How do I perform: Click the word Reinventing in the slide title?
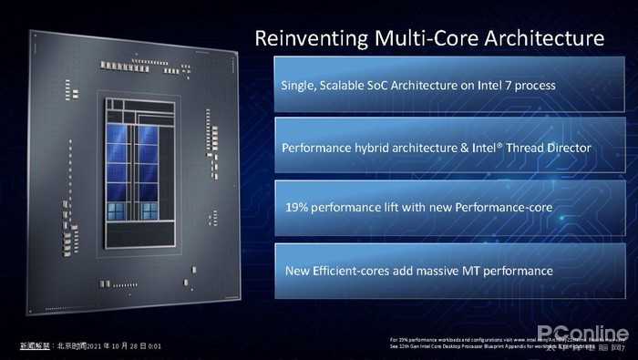pyautogui.click(x=309, y=38)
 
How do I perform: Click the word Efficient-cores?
pyautogui.click(x=349, y=271)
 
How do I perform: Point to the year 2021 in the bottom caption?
pyautogui.click(x=98, y=347)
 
